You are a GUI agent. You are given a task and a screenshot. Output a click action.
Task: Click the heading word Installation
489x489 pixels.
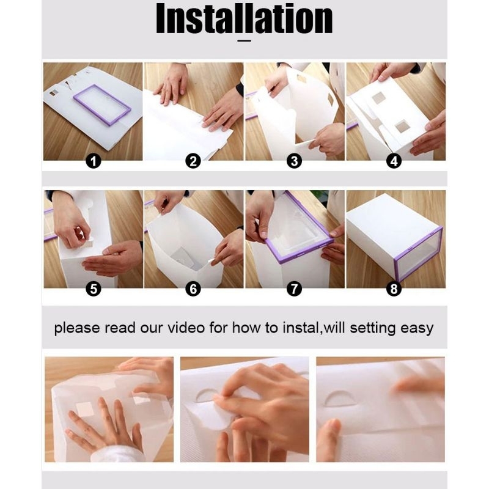tap(244, 18)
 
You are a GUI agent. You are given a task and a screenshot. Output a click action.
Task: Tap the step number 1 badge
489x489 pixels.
tap(94, 161)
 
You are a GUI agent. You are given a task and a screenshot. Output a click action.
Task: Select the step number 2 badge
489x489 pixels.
tap(193, 161)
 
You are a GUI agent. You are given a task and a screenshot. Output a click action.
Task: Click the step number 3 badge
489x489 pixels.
tap(294, 161)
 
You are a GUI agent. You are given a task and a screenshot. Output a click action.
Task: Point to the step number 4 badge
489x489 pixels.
tap(394, 161)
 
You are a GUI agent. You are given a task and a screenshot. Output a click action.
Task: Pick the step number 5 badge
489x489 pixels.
tap(94, 289)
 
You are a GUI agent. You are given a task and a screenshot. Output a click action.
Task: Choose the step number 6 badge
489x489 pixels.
tap(193, 289)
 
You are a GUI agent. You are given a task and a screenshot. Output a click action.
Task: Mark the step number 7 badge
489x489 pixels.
tap(294, 289)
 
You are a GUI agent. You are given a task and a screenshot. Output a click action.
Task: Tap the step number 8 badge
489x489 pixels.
tap(394, 289)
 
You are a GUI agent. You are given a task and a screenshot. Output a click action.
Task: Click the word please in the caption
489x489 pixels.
tap(77, 329)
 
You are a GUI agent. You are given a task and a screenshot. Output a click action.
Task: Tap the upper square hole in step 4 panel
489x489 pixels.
tap(378, 98)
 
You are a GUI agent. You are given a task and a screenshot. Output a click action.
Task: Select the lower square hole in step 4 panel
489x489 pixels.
tap(402, 127)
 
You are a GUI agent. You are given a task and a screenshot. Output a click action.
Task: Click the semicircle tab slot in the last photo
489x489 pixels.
tap(340, 399)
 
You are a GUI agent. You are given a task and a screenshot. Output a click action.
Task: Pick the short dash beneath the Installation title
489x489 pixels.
tap(244, 40)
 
